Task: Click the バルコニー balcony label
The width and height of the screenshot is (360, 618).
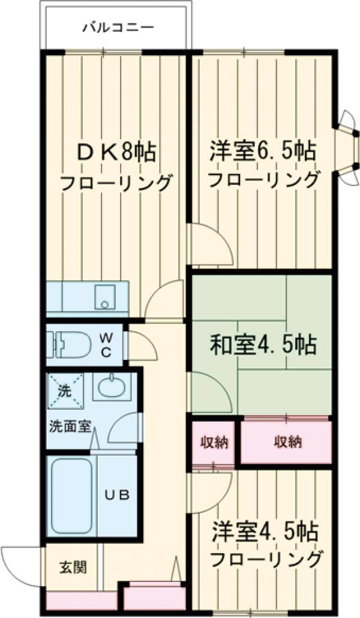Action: coord(118,27)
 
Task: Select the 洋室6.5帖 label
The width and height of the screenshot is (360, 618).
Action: coord(262,151)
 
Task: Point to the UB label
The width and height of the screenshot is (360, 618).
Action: coord(116,496)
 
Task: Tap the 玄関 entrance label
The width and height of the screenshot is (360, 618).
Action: coord(73,566)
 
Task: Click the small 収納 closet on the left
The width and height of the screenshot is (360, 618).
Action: coord(213,443)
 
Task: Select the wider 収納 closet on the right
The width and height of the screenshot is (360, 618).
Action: coord(287,443)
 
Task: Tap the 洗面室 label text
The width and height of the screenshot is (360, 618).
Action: coord(70,427)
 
